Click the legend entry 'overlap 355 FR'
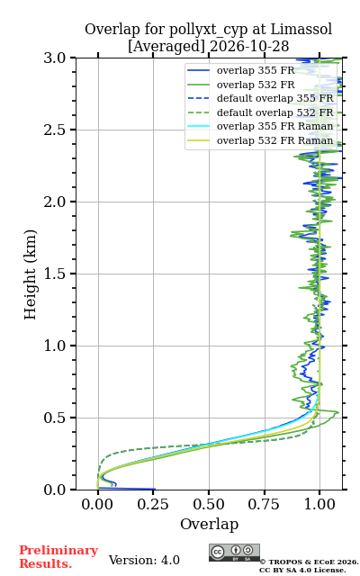241,70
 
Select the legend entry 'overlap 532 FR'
241,85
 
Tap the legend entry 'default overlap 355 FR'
260,98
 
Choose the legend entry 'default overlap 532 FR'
260,112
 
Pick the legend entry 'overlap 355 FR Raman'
260,126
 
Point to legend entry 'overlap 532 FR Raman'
260,140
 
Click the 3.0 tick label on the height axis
55,58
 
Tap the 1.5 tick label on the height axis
55,274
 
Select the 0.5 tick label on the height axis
55,418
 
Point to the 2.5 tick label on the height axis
55,130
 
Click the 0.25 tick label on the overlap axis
153,504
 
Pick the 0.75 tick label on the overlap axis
264,504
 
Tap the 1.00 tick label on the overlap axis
319,504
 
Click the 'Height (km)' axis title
30,274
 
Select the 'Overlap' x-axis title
210,524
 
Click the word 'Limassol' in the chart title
301,30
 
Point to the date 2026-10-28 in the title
249,47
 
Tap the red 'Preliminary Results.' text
58,557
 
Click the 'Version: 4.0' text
144,560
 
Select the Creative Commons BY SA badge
234,553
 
